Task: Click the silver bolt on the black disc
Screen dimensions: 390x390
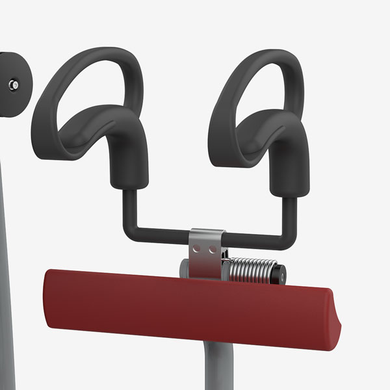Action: click(x=14, y=84)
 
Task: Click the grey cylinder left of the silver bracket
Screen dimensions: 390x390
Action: click(x=185, y=268)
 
